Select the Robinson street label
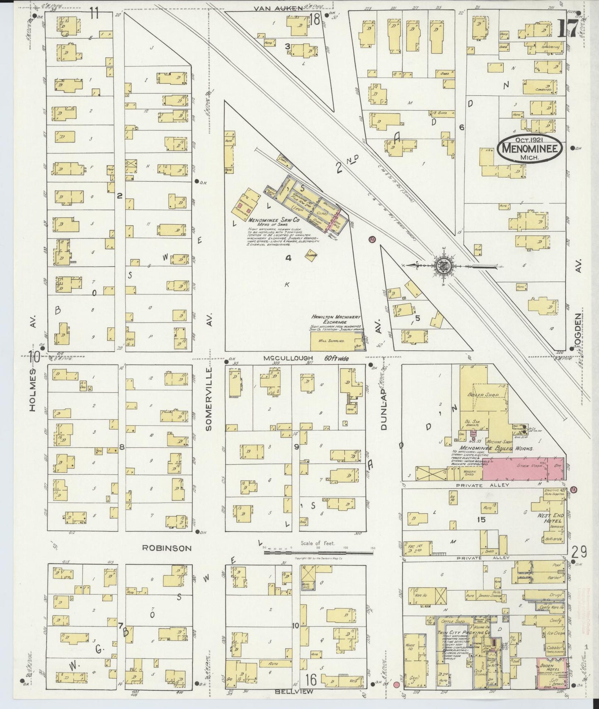(x=167, y=548)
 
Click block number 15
(x=480, y=519)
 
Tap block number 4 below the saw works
(x=288, y=258)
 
